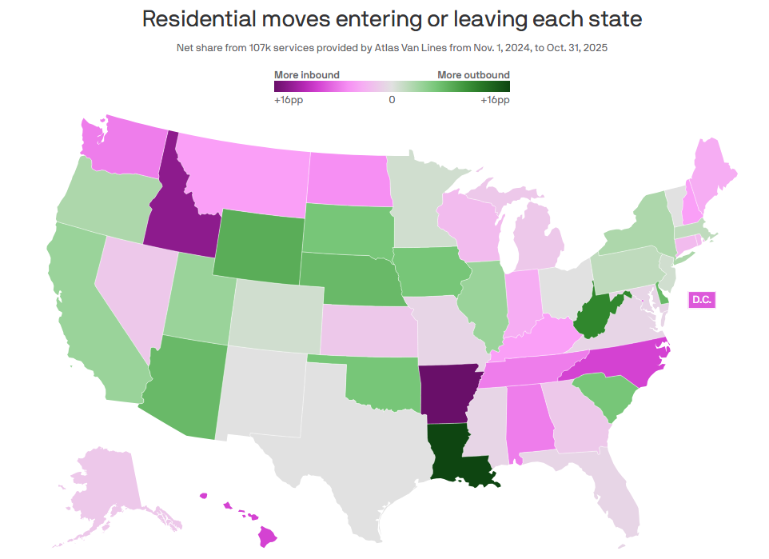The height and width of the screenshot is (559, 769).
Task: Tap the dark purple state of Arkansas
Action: (x=446, y=395)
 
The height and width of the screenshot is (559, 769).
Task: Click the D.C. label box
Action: (x=702, y=300)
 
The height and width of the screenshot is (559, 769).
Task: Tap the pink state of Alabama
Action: (x=524, y=416)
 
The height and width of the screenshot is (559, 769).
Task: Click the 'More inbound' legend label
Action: (x=307, y=75)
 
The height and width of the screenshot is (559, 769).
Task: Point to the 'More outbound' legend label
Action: (x=473, y=75)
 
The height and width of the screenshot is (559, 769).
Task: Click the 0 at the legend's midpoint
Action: (x=392, y=101)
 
